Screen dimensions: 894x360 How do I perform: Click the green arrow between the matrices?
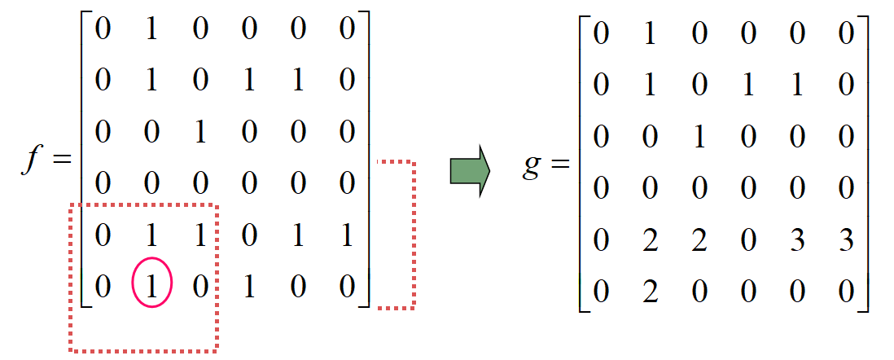pyautogui.click(x=469, y=172)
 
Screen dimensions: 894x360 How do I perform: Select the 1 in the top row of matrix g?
pyautogui.click(x=649, y=37)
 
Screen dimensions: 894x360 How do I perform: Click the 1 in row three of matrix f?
pyautogui.click(x=201, y=133)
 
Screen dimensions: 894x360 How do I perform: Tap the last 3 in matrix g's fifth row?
pyautogui.click(x=846, y=241)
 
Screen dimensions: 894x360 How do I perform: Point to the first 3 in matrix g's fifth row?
pyautogui.click(x=797, y=241)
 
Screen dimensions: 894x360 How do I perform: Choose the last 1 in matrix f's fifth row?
pyautogui.click(x=348, y=236)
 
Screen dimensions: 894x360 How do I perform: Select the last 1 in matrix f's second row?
pyautogui.click(x=299, y=81)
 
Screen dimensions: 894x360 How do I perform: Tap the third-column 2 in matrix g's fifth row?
pyautogui.click(x=698, y=241)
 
